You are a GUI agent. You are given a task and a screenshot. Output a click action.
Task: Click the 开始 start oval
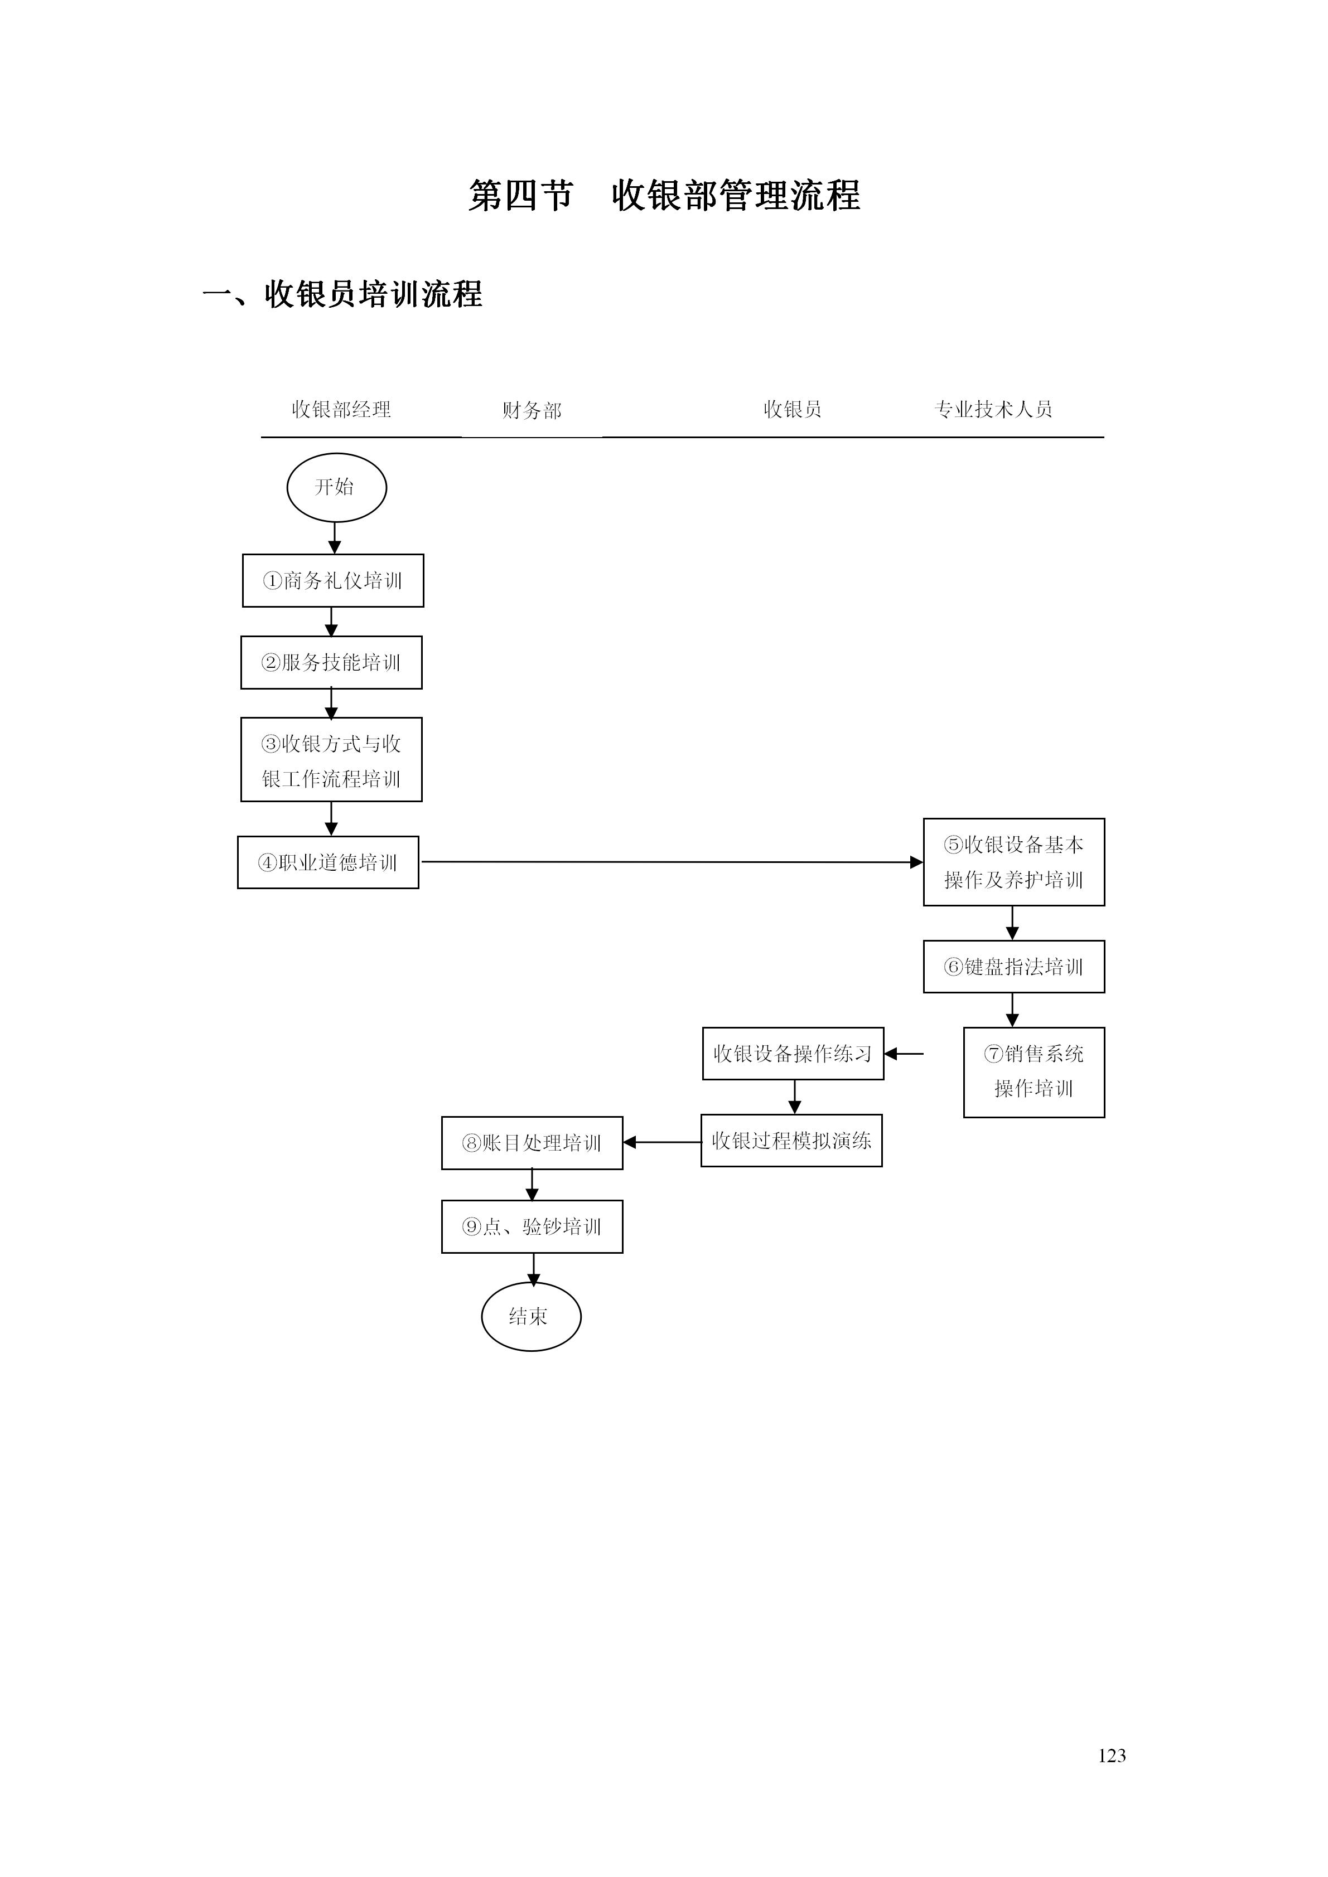point(336,487)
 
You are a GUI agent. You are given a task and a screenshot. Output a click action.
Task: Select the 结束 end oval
point(531,1316)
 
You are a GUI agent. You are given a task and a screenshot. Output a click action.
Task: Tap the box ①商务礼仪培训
point(333,580)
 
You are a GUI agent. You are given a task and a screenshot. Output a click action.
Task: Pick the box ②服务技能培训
point(331,662)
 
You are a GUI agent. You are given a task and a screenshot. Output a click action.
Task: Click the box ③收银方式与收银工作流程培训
point(331,759)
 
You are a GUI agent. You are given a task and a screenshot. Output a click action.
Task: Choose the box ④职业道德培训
point(328,862)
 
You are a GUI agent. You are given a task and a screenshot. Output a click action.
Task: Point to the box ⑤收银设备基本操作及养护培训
point(1013,862)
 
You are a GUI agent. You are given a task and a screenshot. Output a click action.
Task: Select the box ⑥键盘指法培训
point(1013,966)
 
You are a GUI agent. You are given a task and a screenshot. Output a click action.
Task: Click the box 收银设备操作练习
point(793,1053)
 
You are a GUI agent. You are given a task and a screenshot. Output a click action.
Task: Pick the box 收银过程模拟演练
point(791,1141)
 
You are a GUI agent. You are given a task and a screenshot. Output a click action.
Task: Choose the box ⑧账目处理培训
point(532,1143)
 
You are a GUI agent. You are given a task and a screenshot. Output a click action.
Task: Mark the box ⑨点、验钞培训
point(532,1226)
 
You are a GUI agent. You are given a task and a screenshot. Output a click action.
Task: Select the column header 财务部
point(532,410)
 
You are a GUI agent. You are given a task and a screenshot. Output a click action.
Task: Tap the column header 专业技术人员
point(993,409)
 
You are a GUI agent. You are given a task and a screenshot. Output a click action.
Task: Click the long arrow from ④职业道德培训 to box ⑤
point(670,862)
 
